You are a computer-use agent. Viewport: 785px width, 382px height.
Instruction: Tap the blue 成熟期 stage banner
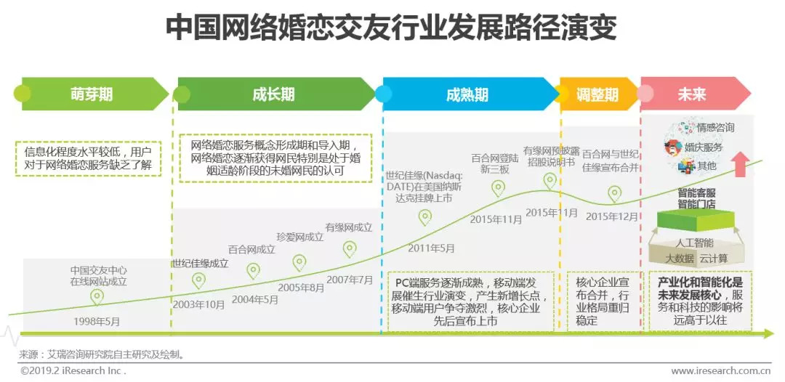(x=467, y=94)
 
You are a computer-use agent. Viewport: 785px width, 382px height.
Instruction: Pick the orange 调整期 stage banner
(x=597, y=94)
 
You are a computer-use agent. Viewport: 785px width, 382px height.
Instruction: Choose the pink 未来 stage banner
(x=691, y=94)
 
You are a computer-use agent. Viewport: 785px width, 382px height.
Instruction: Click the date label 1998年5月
(x=97, y=320)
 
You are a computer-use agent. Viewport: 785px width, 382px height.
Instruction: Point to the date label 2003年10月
(x=198, y=304)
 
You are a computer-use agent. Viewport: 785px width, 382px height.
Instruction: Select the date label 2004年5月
(x=255, y=298)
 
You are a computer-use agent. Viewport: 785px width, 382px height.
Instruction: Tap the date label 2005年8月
(x=301, y=288)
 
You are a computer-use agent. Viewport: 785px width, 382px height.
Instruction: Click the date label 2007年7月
(x=350, y=279)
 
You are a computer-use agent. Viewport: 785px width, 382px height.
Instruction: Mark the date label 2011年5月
(x=432, y=248)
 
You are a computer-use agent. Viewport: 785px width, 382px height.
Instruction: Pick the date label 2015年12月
(x=612, y=216)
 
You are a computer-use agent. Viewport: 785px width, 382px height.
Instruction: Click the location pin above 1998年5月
(x=97, y=297)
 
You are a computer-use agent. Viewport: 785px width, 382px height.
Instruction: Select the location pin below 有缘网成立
(x=350, y=249)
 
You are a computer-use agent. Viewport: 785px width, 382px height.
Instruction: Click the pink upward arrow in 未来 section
(x=740, y=164)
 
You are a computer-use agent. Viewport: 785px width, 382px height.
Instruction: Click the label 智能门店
(x=696, y=205)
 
